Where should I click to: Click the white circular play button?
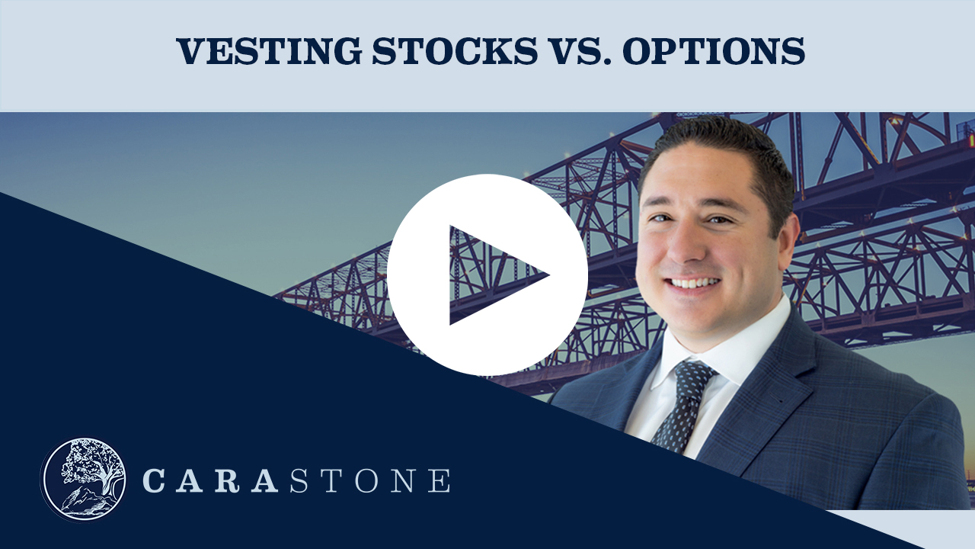pyautogui.click(x=487, y=274)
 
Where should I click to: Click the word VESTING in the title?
pyautogui.click(x=269, y=51)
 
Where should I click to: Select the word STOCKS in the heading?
pyautogui.click(x=455, y=51)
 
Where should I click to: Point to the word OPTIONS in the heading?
pyautogui.click(x=714, y=51)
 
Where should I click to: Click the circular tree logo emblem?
pyautogui.click(x=83, y=480)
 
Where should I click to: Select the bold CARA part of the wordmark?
pyautogui.click(x=210, y=480)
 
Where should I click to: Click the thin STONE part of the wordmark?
pyautogui.click(x=370, y=480)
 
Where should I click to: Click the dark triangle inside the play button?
pyautogui.click(x=492, y=275)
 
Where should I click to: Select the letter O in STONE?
pyautogui.click(x=366, y=480)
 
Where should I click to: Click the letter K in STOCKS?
pyautogui.click(x=497, y=51)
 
